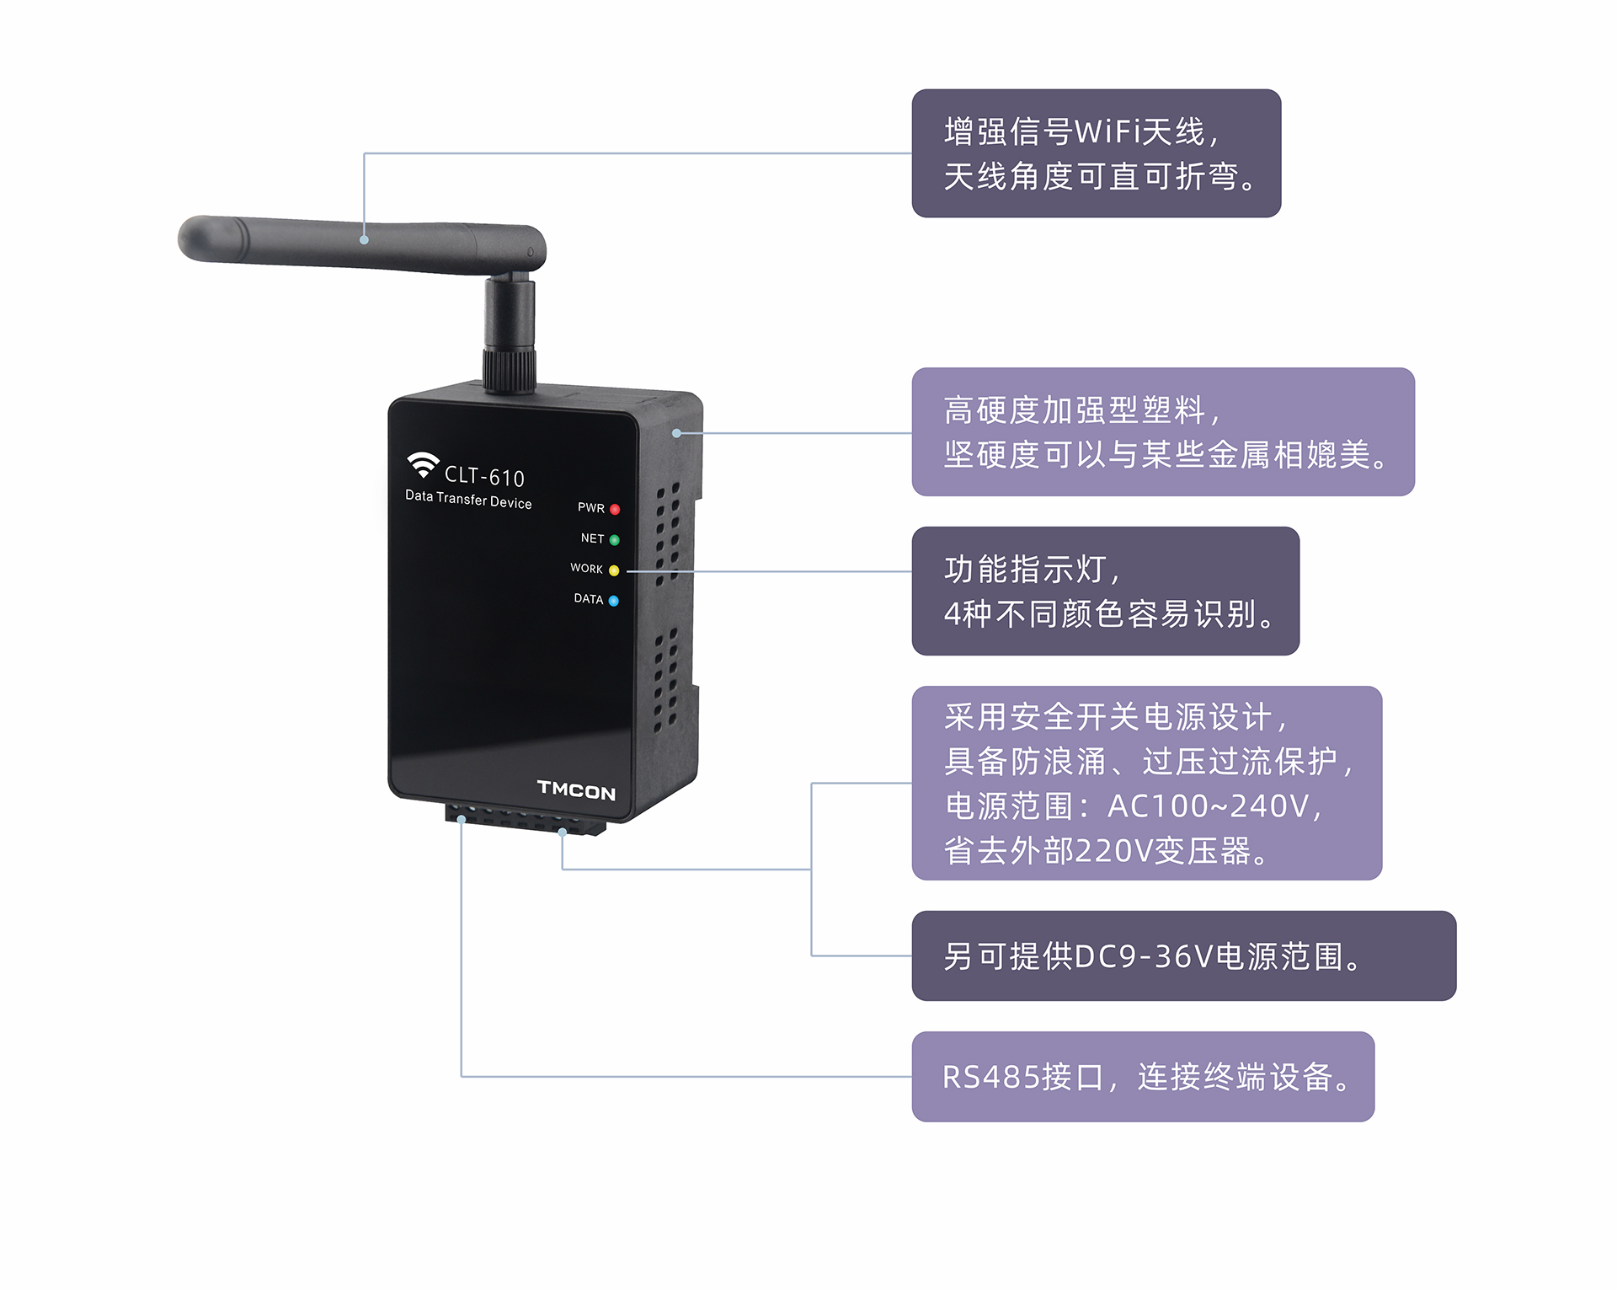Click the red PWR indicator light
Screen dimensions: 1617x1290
[x=615, y=510]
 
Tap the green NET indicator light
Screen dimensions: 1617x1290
[x=614, y=540]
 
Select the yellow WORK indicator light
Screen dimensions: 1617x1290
[x=614, y=570]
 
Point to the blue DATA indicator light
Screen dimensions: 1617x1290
[x=613, y=601]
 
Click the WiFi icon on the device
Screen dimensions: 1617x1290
[x=423, y=463]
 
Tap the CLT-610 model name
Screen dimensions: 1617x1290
[x=484, y=477]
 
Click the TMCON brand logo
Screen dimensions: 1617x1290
[x=576, y=790]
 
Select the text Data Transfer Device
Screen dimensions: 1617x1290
[x=468, y=499]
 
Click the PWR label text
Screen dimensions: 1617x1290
[x=590, y=508]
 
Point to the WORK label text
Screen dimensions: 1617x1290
[x=586, y=569]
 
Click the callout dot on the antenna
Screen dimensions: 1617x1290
[x=364, y=240]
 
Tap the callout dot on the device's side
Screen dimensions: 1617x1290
[x=676, y=433]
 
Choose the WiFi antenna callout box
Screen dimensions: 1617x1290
[x=1096, y=153]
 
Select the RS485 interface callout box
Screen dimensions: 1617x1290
[x=1143, y=1076]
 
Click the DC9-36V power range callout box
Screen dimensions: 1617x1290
[x=1183, y=955]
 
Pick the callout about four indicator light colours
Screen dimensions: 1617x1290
[x=1105, y=591]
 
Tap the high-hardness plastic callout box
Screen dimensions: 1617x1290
[x=1163, y=431]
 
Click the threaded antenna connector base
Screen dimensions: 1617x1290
[x=510, y=369]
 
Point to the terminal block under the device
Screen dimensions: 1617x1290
[x=526, y=820]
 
